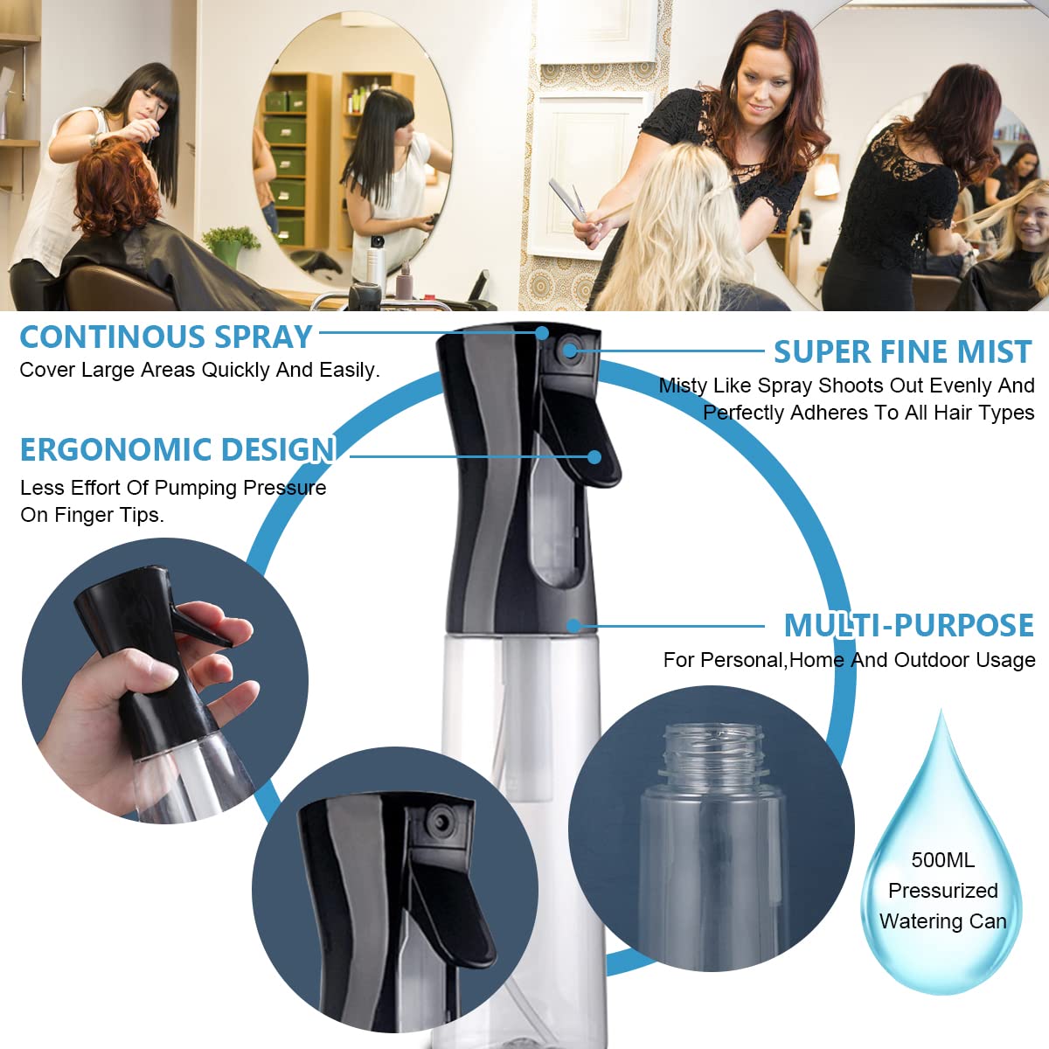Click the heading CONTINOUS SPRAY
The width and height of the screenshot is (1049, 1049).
click(x=166, y=337)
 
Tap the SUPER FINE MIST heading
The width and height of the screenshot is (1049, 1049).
click(x=903, y=351)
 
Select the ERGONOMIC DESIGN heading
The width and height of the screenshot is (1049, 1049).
click(x=177, y=449)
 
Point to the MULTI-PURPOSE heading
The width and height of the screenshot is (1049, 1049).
click(x=908, y=625)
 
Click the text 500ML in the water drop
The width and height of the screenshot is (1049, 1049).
click(x=943, y=860)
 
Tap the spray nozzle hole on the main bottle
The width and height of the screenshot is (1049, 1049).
click(x=569, y=350)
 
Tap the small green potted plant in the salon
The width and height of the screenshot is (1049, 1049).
click(x=230, y=246)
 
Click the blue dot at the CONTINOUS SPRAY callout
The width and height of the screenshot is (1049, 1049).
click(x=542, y=332)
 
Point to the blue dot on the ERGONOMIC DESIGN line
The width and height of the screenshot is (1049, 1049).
click(x=594, y=456)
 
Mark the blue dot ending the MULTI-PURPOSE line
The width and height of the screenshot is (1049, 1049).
click(x=573, y=626)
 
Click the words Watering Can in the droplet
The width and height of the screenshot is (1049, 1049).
click(x=942, y=921)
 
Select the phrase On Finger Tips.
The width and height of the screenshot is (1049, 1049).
click(x=92, y=514)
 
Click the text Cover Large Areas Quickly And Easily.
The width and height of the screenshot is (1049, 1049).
click(x=199, y=370)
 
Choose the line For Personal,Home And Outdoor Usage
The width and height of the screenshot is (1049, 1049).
click(x=849, y=660)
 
